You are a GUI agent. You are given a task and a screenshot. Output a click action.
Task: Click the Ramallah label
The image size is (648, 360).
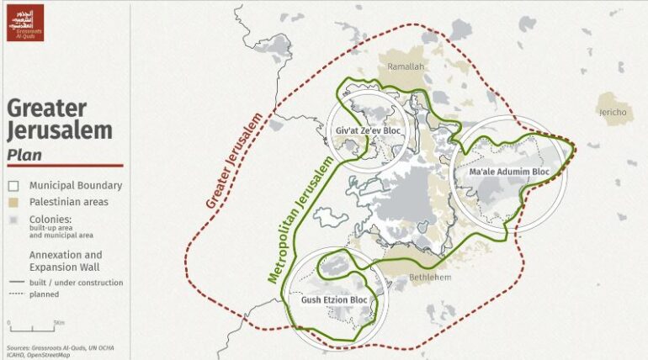pos(405,66)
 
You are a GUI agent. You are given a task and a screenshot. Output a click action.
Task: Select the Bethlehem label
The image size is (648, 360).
pos(430,277)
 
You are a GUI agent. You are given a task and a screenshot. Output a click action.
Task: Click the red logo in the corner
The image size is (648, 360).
pos(24,22)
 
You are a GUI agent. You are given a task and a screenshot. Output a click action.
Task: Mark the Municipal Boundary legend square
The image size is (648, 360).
pos(13,186)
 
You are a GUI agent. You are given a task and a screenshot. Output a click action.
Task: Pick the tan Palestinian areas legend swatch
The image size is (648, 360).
pos(13,202)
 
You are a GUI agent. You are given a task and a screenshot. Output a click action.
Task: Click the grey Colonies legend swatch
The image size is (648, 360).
pos(13,220)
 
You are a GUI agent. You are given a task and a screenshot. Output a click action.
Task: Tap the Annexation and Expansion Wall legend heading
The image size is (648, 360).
pos(66,260)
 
